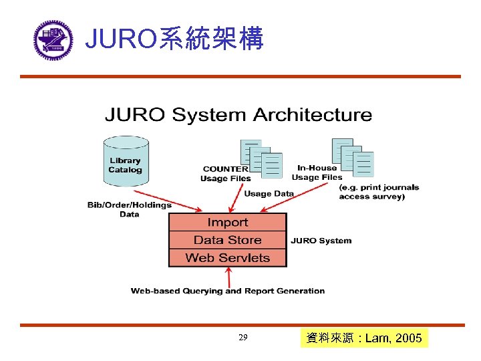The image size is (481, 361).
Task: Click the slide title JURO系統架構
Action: pyautogui.click(x=175, y=39)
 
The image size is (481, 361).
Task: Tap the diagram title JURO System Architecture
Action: pyautogui.click(x=238, y=115)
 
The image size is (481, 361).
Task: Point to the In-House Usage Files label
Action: pyautogui.click(x=317, y=172)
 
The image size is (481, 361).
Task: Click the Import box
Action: pyautogui.click(x=227, y=223)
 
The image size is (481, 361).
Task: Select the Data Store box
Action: pyautogui.click(x=227, y=240)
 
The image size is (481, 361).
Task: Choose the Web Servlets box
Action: pyautogui.click(x=227, y=257)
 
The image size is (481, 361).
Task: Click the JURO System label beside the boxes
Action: pyautogui.click(x=321, y=241)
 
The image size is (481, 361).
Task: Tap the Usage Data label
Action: pyautogui.click(x=269, y=194)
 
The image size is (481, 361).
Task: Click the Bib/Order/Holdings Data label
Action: pyautogui.click(x=130, y=209)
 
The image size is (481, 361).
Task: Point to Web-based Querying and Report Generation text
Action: pyautogui.click(x=227, y=291)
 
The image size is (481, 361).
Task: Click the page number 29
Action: pyautogui.click(x=243, y=338)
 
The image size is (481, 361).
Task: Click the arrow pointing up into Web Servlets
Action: pyautogui.click(x=229, y=277)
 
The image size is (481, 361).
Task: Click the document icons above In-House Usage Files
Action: pyautogui.click(x=353, y=156)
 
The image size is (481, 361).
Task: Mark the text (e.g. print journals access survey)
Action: pyautogui.click(x=379, y=192)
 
